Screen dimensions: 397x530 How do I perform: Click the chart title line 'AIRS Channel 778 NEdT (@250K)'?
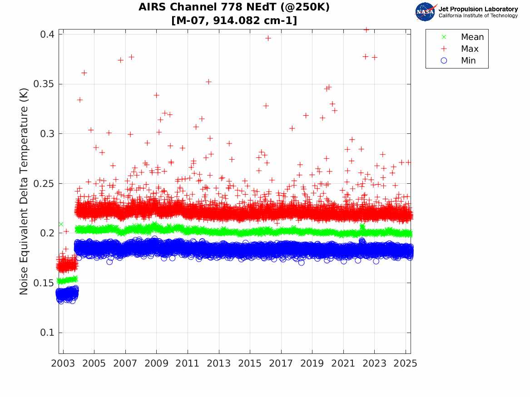pos(234,7)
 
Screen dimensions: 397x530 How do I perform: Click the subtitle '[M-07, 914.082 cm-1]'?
pos(234,20)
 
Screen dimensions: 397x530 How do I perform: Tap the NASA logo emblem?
pos(425,12)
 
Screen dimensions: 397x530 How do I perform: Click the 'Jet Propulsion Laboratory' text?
pos(478,9)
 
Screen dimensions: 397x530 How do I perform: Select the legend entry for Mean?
pos(472,37)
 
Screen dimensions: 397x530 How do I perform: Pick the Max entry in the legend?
pos(469,49)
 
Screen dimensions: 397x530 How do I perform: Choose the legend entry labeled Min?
pos(468,61)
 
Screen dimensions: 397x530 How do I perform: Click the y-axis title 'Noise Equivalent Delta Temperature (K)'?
pos(24,192)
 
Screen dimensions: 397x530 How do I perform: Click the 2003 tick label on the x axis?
pos(63,363)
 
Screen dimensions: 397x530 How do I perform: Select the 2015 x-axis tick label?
pos(250,363)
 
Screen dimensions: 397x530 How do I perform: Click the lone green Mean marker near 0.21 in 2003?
pos(61,224)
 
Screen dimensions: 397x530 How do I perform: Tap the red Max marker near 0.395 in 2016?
pos(268,39)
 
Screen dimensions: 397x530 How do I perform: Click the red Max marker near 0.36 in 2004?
pos(84,73)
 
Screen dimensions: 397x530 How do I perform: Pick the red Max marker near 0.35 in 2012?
pos(208,82)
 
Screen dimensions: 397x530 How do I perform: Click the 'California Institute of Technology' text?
pos(478,16)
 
